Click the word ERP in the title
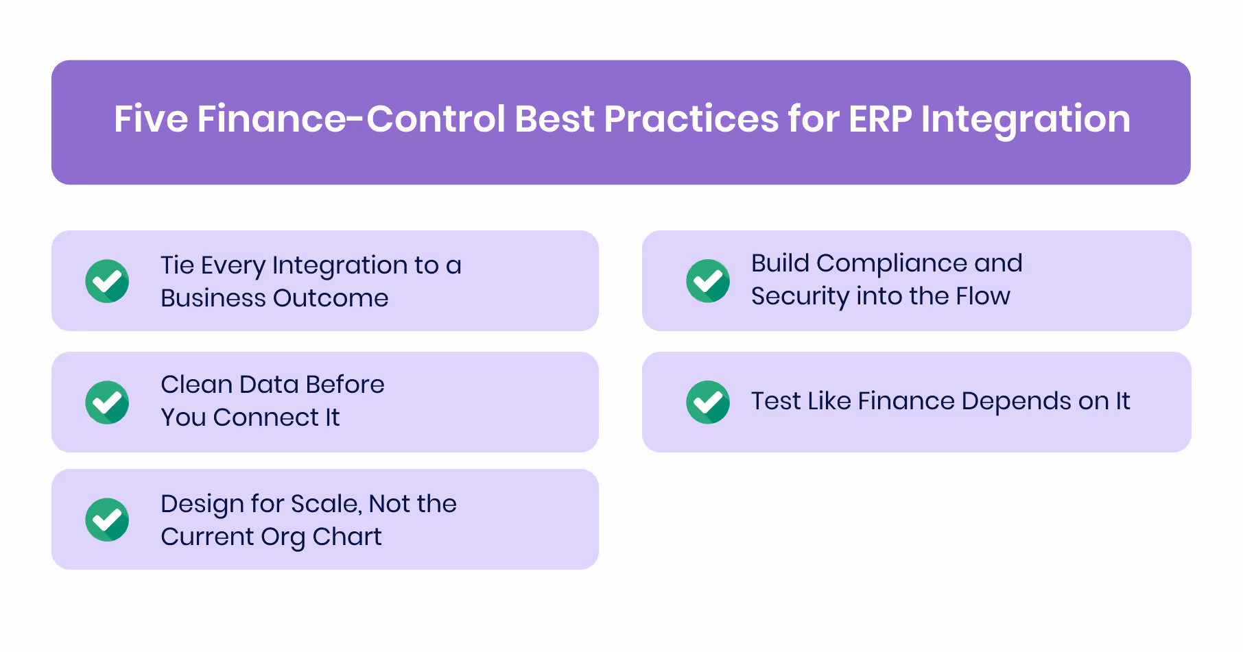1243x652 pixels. tap(879, 119)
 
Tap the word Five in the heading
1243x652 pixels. tap(150, 119)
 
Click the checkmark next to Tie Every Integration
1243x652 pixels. tap(107, 281)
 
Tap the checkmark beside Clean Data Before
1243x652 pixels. tap(107, 402)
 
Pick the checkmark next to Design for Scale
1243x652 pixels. tap(107, 520)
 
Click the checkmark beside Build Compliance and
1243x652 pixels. tap(708, 281)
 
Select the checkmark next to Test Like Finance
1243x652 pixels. tap(708, 402)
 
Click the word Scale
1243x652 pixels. tap(325, 504)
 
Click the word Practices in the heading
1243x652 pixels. tap(691, 119)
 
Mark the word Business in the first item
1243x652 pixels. tap(213, 298)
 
